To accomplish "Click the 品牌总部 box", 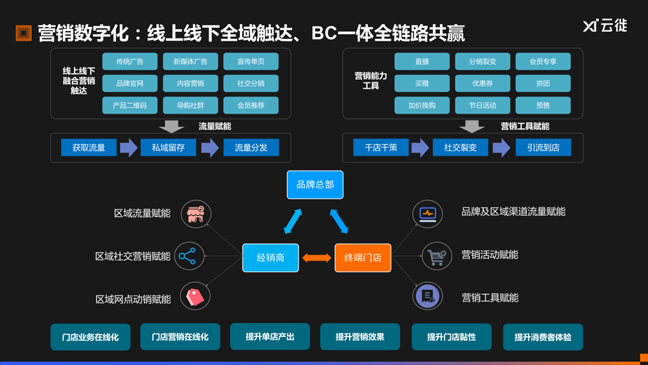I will coord(315,185).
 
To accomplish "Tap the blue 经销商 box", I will coord(270,257).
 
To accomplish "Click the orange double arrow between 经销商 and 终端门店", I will coord(317,257).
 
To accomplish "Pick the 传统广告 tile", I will coord(130,62).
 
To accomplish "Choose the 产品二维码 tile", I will coord(130,105).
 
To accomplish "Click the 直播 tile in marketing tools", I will coord(422,62).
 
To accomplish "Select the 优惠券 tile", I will coord(483,84).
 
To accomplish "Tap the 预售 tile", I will coord(543,105).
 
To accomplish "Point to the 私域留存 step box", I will coord(168,147).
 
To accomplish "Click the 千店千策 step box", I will coord(380,147).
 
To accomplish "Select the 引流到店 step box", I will coord(543,147).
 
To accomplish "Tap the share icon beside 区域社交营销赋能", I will coord(187,256).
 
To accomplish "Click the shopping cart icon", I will coord(436,256).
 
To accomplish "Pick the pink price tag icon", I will coord(195,296).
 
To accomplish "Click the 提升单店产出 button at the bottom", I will coord(270,337).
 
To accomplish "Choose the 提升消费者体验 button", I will coord(542,337).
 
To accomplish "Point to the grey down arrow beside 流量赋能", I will coord(171,126).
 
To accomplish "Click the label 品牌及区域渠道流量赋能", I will coord(513,212).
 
